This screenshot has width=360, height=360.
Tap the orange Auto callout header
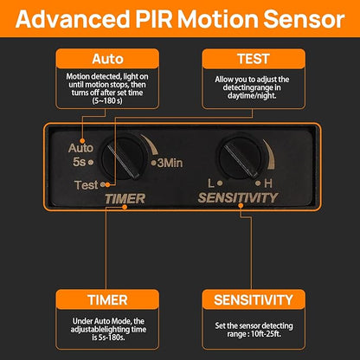point(107,59)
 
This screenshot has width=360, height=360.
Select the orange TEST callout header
point(254,59)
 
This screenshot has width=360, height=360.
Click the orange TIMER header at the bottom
point(107,299)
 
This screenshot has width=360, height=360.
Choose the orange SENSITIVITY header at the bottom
point(254,299)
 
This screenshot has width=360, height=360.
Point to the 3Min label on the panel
point(170,163)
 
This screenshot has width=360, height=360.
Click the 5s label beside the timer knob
point(80,162)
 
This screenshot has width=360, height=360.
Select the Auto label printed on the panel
point(80,148)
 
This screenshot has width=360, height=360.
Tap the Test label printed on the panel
point(87,185)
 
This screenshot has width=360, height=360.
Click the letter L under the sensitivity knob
point(211,183)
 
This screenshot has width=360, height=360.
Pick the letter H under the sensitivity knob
point(268,183)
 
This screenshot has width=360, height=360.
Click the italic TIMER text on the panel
point(125,199)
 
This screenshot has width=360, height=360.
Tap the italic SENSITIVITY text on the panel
point(238,198)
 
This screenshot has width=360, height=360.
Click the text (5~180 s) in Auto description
point(107,101)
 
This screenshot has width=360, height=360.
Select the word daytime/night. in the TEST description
point(252,95)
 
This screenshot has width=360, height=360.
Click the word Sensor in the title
point(304,19)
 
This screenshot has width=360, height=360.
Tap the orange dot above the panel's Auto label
point(82,141)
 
